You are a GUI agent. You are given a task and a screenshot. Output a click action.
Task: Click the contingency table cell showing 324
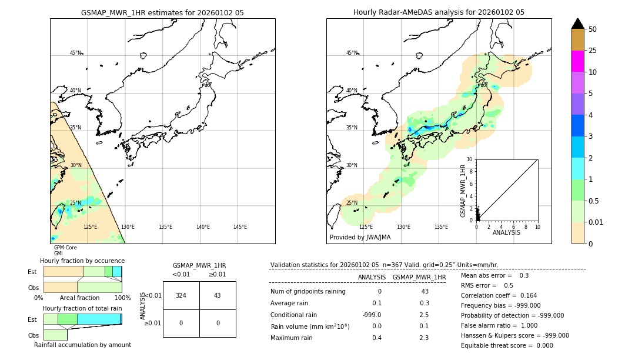(x=181, y=295)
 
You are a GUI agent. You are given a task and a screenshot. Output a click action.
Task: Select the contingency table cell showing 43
(x=218, y=295)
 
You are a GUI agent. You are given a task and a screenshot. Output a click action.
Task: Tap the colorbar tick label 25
(x=593, y=51)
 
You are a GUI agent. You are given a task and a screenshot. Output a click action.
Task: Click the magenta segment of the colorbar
(x=578, y=61)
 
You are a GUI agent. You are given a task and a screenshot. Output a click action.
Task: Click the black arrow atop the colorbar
(x=578, y=24)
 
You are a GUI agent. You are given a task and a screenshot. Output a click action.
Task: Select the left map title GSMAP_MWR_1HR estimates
(x=162, y=12)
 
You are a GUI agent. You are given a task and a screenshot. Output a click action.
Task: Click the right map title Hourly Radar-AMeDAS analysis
(x=439, y=12)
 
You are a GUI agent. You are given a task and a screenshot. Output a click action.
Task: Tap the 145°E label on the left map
(x=240, y=227)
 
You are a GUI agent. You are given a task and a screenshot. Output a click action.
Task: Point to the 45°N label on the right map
(x=352, y=53)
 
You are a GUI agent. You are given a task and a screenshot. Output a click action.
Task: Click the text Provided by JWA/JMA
(x=360, y=238)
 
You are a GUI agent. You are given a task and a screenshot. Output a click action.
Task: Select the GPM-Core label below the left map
(x=65, y=248)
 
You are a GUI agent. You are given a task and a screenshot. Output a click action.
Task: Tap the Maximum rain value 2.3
(x=423, y=338)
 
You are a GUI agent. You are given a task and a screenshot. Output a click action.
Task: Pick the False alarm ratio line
(x=499, y=325)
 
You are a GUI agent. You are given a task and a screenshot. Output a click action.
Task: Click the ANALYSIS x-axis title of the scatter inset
(x=506, y=232)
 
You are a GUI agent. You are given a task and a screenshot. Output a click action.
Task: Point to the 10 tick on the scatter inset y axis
(x=470, y=159)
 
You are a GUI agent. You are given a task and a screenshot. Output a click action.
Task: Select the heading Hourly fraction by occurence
(x=82, y=261)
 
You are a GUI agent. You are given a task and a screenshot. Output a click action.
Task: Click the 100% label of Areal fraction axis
(x=122, y=298)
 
